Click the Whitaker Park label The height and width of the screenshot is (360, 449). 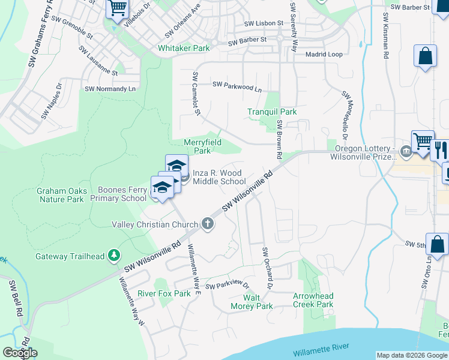point(183,47)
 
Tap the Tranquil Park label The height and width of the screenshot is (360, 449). point(272,112)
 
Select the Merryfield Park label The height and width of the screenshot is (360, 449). point(202,146)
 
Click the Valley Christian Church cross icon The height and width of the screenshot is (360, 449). point(208,224)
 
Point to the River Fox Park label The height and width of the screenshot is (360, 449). point(164,293)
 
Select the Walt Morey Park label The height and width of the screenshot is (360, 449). point(252,302)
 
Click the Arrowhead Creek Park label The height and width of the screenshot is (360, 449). point(313,300)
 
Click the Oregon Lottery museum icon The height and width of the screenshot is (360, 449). point(406,151)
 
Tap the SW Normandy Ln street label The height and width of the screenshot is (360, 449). point(110,89)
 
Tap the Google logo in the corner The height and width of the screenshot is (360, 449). point(20,353)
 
